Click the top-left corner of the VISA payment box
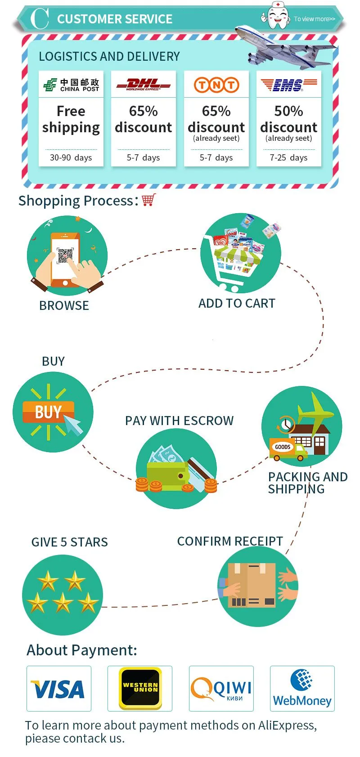27,666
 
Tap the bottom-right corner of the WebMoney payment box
335,712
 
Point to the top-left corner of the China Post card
39,71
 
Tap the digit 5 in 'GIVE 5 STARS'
63,542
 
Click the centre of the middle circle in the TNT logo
216,85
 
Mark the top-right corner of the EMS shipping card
321,71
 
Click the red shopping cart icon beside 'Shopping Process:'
149,200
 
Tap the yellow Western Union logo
140,688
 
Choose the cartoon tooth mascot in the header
276,15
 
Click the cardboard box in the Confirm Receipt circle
252,585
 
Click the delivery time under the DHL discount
143,158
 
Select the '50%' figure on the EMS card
289,111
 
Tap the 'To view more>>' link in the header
315,19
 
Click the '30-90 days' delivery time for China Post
71,158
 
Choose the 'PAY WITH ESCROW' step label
180,421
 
